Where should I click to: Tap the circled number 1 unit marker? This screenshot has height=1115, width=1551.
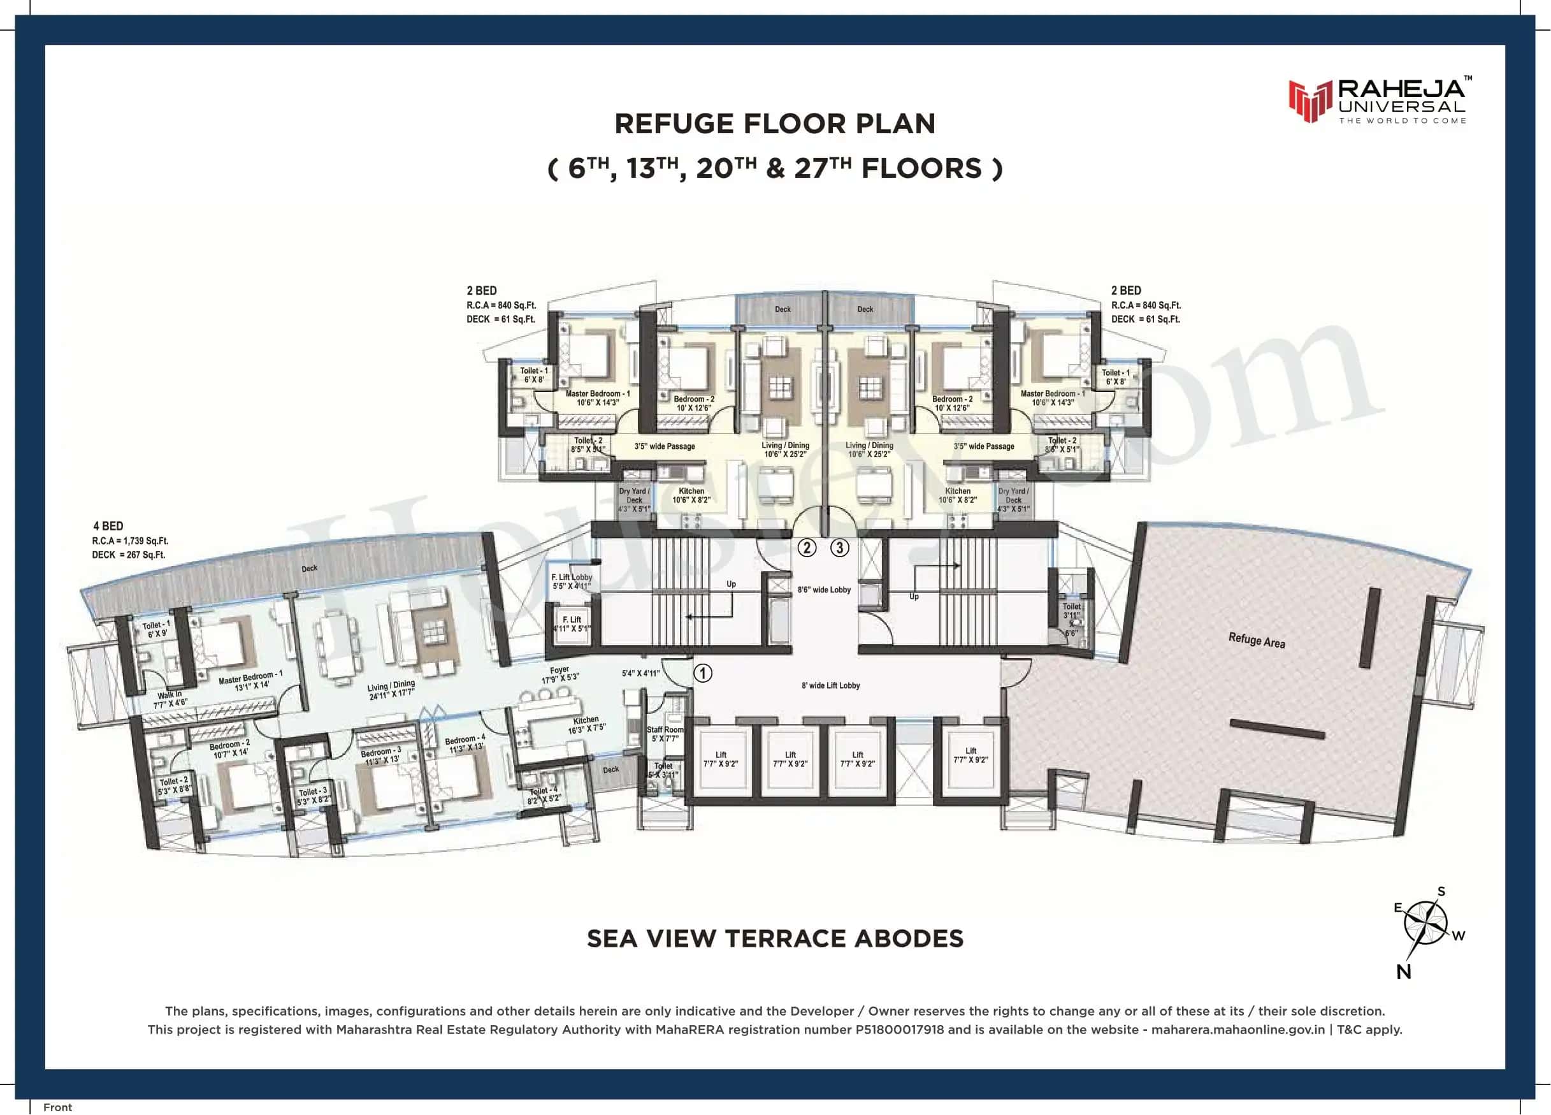[x=703, y=673]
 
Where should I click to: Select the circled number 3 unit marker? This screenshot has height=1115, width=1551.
[x=840, y=547]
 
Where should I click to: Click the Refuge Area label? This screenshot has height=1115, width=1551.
[x=1256, y=640]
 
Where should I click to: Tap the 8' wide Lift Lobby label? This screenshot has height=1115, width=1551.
[x=830, y=685]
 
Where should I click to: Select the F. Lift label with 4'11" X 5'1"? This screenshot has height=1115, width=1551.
[x=572, y=624]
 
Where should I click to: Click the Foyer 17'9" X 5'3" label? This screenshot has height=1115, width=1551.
[x=559, y=674]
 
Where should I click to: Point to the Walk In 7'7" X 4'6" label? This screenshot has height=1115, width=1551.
[x=170, y=699]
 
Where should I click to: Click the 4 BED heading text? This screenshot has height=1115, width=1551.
[x=108, y=526]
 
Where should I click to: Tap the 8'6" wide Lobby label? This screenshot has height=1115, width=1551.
[x=824, y=590]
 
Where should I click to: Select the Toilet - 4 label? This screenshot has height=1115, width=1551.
[x=544, y=794]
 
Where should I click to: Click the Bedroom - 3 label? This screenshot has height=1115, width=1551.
[x=381, y=755]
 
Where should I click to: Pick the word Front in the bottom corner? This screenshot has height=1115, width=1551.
[x=57, y=1107]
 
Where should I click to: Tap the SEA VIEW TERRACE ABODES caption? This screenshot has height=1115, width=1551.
[x=775, y=938]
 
